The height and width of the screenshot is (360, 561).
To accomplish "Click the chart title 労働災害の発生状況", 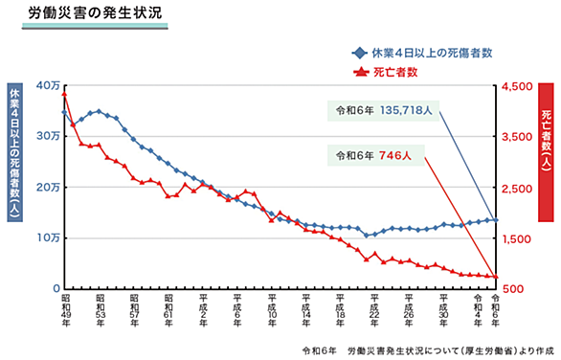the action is (x=95, y=13).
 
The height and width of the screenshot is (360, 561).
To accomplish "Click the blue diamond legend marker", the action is (x=360, y=54).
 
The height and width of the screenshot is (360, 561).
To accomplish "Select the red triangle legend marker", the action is (x=361, y=72).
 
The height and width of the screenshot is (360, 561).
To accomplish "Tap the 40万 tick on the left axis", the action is (x=48, y=86).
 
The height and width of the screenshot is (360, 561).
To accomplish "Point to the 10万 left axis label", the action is (x=48, y=238).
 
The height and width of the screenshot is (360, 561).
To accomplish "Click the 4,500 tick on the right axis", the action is (x=517, y=86).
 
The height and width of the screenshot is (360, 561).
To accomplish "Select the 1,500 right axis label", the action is (x=517, y=239).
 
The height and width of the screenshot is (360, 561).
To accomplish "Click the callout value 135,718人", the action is (x=406, y=110).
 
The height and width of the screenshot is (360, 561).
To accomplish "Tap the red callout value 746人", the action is (x=395, y=155).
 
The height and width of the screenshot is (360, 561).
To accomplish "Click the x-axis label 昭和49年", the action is (x=66, y=310).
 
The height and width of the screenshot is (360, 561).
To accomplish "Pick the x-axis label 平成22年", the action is (x=374, y=310).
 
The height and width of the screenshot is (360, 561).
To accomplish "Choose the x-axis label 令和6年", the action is (x=496, y=310).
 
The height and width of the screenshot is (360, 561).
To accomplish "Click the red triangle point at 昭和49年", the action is (x=64, y=94).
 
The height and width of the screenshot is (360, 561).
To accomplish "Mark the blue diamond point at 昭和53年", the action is (x=100, y=111).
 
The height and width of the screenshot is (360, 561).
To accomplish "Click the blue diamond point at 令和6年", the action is (x=496, y=220).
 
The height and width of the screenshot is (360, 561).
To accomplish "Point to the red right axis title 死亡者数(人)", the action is (x=546, y=142).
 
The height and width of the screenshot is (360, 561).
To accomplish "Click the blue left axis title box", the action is (x=14, y=152).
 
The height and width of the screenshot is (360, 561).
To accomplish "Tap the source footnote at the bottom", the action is (x=428, y=351).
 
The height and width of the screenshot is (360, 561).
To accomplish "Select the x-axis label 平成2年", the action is (x=203, y=310).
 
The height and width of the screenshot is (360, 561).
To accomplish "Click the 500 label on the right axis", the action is (x=513, y=289).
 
